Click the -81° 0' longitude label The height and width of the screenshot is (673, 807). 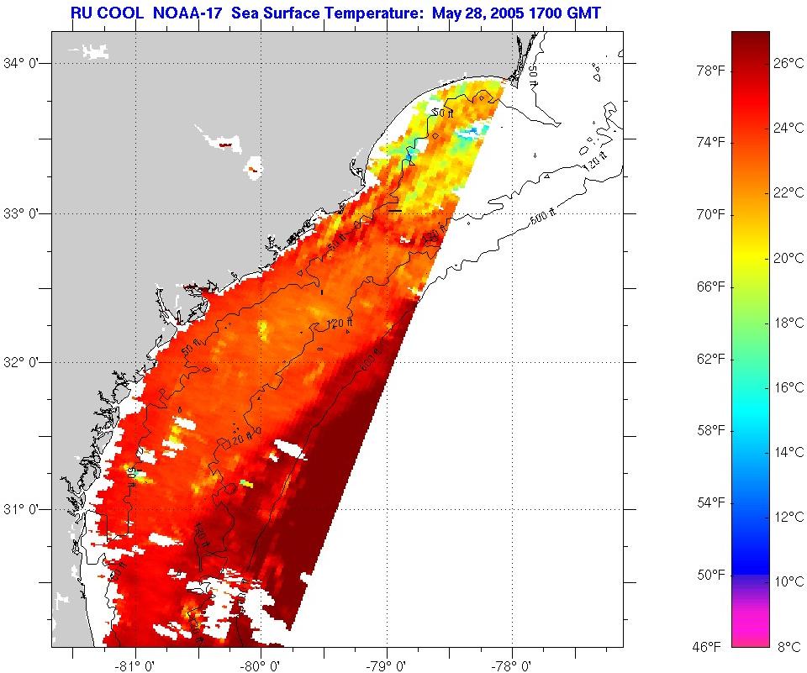(136, 664)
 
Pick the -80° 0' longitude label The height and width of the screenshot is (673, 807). (261, 664)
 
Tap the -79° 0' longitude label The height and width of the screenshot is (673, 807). (387, 664)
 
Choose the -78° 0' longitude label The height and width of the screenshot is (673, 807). (512, 664)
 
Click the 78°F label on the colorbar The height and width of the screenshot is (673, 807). (710, 71)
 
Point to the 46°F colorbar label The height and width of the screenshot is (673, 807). (706, 646)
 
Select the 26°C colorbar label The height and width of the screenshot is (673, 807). (789, 63)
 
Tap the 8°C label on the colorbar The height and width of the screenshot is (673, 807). (789, 646)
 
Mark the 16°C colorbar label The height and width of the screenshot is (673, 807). (789, 387)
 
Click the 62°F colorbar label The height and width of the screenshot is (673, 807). (710, 359)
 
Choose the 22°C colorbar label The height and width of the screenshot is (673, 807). (789, 192)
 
